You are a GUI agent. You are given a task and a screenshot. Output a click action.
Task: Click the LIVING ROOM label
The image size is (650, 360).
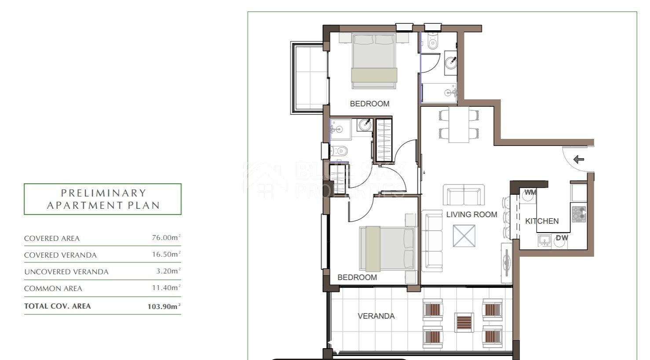pos(471,215)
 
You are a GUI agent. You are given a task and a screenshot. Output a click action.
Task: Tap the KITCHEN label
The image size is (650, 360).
pos(542,221)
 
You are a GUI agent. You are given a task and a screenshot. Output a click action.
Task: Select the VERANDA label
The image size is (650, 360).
pos(376,316)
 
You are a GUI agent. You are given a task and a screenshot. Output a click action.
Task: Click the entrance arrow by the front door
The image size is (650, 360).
pos(579,159)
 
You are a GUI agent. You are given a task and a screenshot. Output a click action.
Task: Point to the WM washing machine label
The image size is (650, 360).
pos(530,192)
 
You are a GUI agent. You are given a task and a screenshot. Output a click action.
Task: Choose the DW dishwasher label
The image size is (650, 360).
pos(562,238)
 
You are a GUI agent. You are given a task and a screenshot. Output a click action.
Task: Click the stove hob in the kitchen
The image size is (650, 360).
pos(579,214)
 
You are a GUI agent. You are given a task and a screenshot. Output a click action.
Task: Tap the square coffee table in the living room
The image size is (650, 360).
pos(464,236)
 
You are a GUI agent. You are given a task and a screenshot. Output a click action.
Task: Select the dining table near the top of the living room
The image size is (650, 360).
pos(459,124)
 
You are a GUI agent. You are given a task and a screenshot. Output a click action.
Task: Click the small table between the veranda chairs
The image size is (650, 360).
pos(464,323)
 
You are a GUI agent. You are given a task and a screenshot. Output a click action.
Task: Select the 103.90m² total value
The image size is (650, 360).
pos(164,306)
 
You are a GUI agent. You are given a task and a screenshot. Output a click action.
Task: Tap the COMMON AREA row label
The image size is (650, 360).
pos(53,289)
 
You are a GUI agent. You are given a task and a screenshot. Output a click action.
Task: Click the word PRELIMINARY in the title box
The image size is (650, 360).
pos(103,193)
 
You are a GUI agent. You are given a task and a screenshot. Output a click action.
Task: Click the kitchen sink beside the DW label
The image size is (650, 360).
pos(544,240)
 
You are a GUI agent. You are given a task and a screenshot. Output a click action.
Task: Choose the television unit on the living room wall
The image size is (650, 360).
pos(507,263)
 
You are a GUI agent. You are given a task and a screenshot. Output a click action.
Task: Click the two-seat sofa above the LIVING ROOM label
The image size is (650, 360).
pos(464,195)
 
